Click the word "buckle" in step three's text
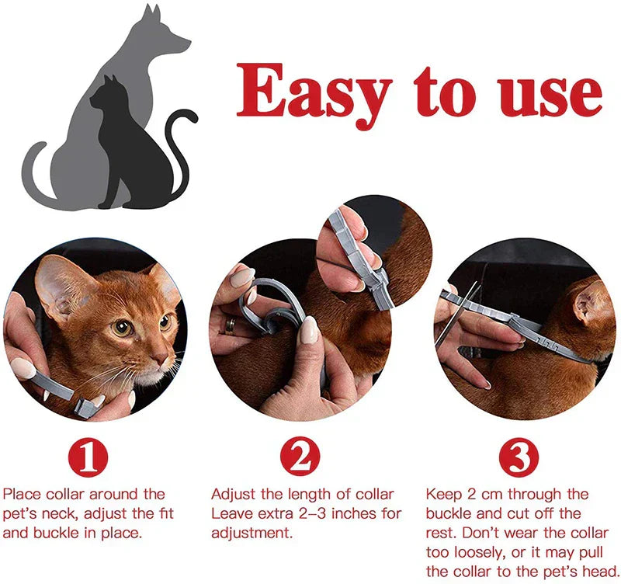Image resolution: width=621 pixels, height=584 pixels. [457, 513]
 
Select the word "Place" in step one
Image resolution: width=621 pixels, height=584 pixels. [21, 494]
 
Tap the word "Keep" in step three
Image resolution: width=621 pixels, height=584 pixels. [444, 494]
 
